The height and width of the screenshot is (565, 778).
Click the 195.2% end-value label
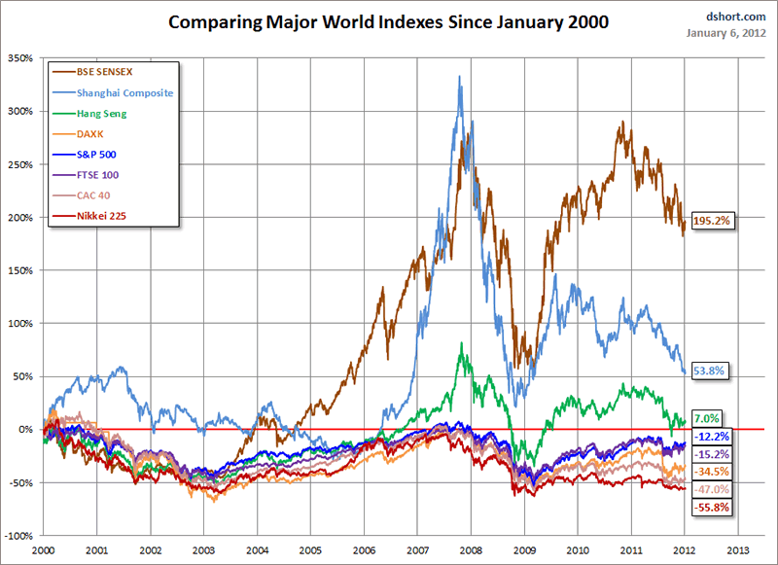712,221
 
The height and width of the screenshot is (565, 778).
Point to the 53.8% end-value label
709,371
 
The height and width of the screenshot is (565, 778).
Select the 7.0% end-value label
706,418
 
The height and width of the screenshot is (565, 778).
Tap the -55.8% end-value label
711,508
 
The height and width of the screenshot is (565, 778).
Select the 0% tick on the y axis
27,430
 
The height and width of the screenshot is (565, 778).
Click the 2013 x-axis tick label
737,549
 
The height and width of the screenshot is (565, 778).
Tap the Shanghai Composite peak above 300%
459,77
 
